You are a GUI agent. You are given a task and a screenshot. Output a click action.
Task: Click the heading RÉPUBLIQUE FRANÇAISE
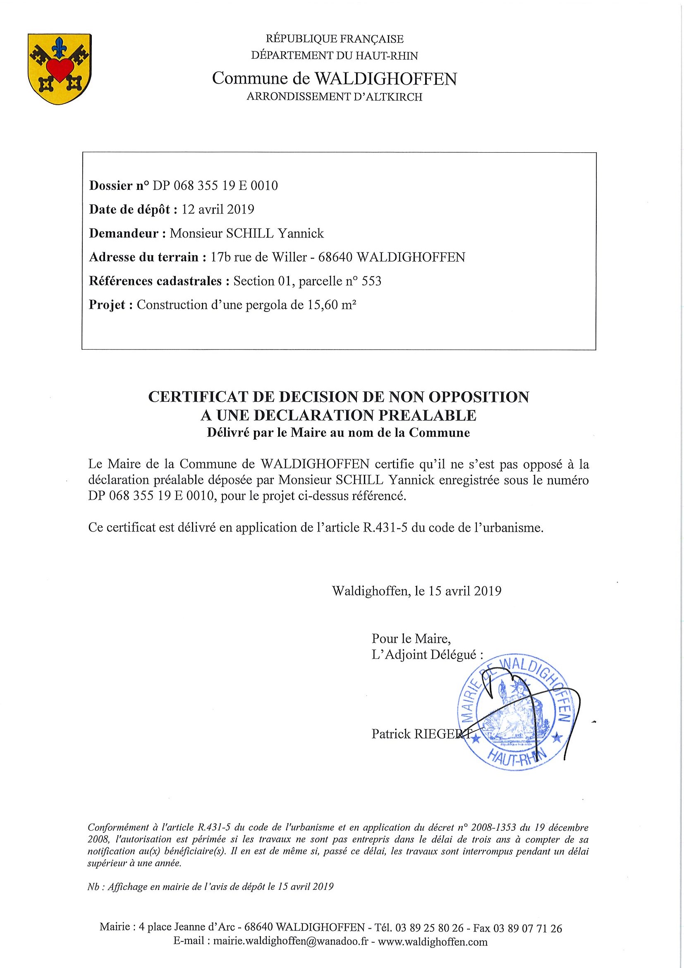pos(335,39)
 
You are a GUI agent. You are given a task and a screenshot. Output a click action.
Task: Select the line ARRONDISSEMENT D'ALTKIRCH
pos(334,97)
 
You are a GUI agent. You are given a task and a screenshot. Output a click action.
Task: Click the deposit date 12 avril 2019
pos(218,210)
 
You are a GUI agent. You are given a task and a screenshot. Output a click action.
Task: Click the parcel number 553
pos(372,281)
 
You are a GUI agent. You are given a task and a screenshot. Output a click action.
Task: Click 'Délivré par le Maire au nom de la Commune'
pos(338,433)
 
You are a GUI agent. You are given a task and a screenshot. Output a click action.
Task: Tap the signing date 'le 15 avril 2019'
pos(458,591)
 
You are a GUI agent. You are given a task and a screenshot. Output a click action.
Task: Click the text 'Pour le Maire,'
pos(411,639)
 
